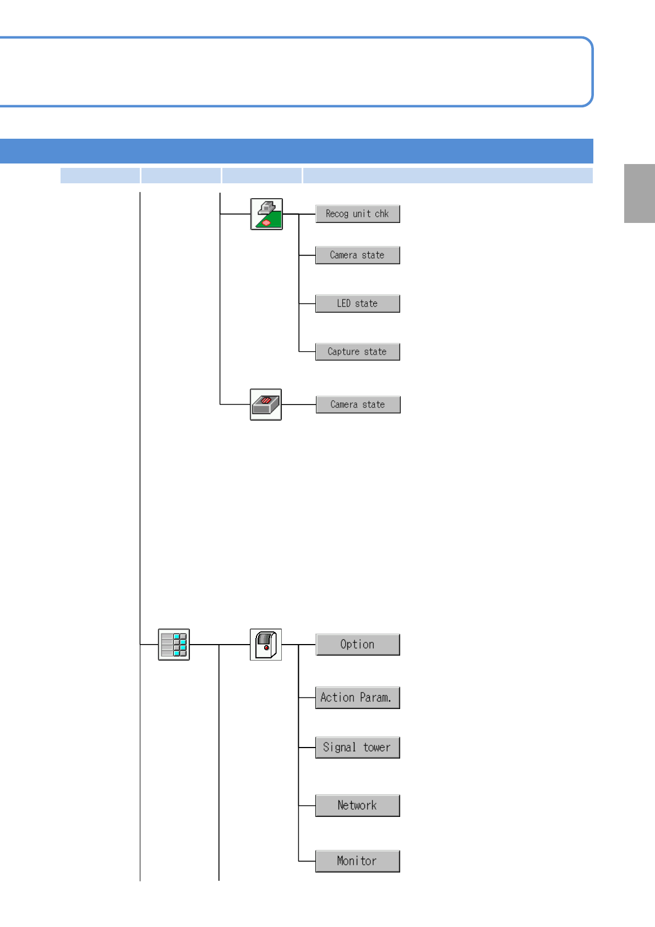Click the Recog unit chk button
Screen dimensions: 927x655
point(357,214)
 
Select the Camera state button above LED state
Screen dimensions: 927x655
point(357,255)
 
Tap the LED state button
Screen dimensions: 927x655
point(357,303)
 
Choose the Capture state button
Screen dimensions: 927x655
point(357,352)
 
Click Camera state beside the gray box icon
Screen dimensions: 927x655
point(358,405)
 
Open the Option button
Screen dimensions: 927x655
point(357,645)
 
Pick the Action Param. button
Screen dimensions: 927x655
point(357,697)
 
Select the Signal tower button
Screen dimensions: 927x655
point(357,748)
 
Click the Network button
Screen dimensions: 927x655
point(357,805)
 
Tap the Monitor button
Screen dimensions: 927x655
point(357,861)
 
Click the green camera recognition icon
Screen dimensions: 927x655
point(266,214)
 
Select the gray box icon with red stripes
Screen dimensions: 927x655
point(266,405)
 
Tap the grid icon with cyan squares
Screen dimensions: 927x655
point(174,645)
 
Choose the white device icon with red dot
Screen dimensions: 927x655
point(266,645)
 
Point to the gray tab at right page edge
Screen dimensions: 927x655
point(639,193)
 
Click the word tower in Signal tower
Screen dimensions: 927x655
point(376,748)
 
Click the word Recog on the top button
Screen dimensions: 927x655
point(337,214)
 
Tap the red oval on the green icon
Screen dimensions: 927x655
point(266,222)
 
